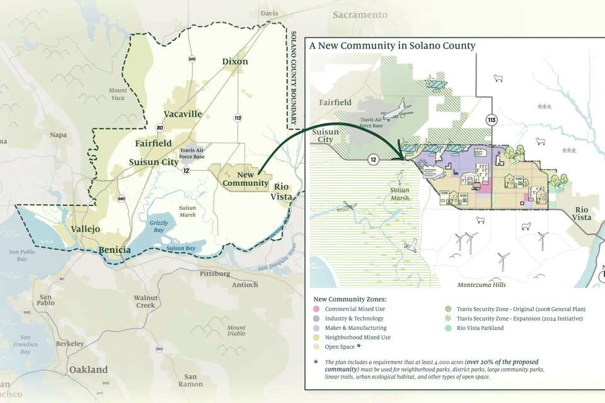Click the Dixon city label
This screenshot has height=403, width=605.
[x=234, y=62]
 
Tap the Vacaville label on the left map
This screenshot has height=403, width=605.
[x=182, y=114]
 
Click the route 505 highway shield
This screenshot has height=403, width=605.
[x=191, y=59]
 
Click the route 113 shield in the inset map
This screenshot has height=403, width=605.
[x=490, y=119]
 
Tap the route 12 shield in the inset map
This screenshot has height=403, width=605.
[x=373, y=160]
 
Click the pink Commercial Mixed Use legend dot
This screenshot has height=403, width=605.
[x=316, y=309]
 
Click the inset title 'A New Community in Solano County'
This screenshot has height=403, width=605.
[x=392, y=46]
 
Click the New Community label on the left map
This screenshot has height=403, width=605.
[x=237, y=178]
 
